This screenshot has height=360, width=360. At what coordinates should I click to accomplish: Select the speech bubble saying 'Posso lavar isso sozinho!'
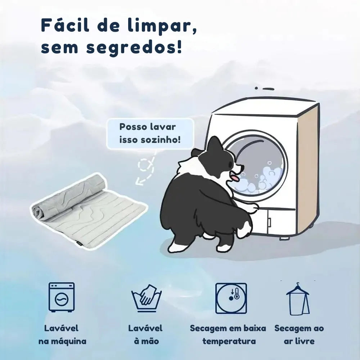[150, 133]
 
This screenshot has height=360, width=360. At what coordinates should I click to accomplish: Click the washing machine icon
[62, 297]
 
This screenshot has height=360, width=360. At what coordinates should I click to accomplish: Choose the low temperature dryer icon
[231, 298]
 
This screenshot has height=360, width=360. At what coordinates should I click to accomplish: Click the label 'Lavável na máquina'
[62, 334]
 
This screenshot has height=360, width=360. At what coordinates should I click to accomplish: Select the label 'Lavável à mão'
[146, 334]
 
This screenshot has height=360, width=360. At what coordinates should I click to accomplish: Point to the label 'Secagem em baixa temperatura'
[228, 334]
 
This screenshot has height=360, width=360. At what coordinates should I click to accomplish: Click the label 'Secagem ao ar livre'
[299, 334]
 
